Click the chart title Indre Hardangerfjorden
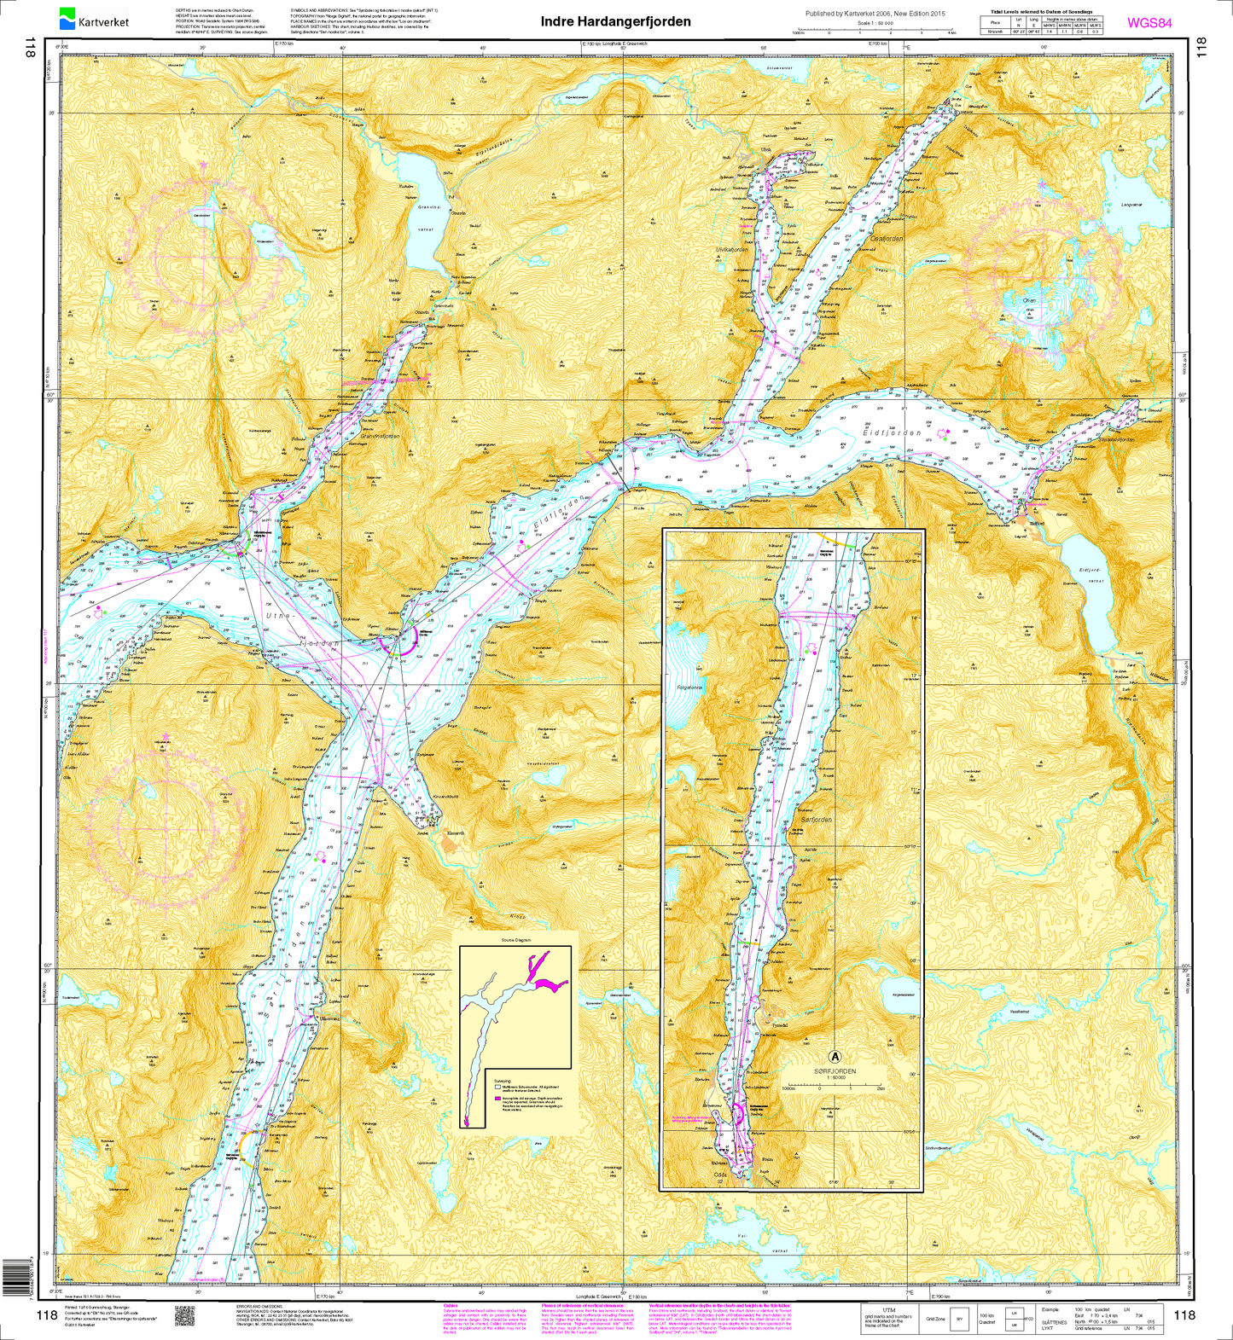tap(616, 21)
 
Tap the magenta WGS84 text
tap(1149, 23)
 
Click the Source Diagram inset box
tap(515, 1036)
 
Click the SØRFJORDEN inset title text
tap(835, 1071)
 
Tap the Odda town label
tap(721, 1174)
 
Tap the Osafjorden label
tap(885, 240)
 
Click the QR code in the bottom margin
tap(185, 1314)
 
